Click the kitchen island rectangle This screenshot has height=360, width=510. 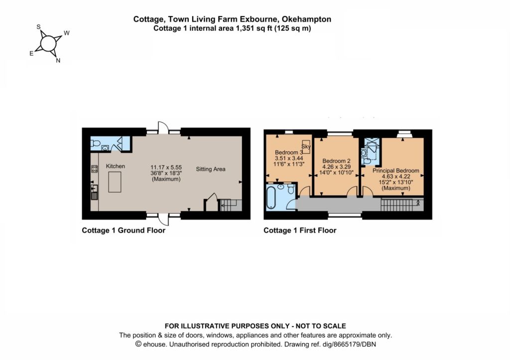click(115, 182)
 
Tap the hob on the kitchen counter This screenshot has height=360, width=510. click(94, 169)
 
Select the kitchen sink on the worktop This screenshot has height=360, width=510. click(94, 192)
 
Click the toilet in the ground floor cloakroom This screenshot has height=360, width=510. click(95, 143)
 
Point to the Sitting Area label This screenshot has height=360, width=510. click(211, 169)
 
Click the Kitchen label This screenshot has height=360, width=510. click(116, 166)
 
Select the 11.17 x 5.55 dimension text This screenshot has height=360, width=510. click(166, 167)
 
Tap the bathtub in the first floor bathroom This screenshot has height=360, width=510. click(271, 197)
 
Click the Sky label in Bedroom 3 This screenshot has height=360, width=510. click(306, 147)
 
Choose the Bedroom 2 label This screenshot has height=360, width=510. click(336, 161)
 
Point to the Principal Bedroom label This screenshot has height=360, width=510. click(396, 170)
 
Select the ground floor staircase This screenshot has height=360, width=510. click(231, 205)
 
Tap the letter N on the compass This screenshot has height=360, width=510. click(58, 60)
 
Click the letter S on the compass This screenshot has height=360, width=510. click(38, 27)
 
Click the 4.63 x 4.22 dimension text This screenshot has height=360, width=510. click(396, 177)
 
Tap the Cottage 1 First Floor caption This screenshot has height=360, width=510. click(300, 231)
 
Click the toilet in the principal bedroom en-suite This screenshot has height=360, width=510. click(368, 161)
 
